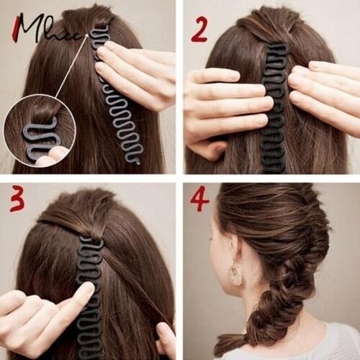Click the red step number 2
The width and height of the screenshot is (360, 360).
199,30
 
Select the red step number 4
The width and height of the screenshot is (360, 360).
199,198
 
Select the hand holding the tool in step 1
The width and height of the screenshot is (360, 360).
140,72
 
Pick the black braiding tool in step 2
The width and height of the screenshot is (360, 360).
274,108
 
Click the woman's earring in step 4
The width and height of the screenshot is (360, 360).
235,274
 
